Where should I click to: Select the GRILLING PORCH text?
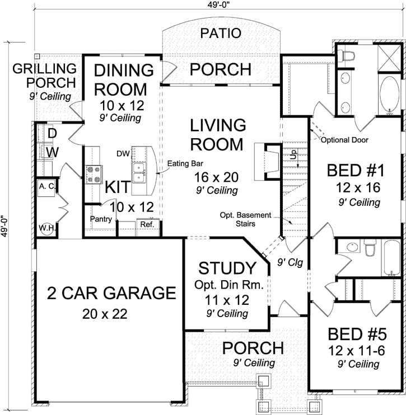tap(45, 76)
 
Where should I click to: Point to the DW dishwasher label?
tap(123, 152)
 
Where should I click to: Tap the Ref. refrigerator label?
tap(147, 224)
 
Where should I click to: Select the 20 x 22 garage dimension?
tap(104, 313)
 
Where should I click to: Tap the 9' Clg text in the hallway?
tap(290, 262)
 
